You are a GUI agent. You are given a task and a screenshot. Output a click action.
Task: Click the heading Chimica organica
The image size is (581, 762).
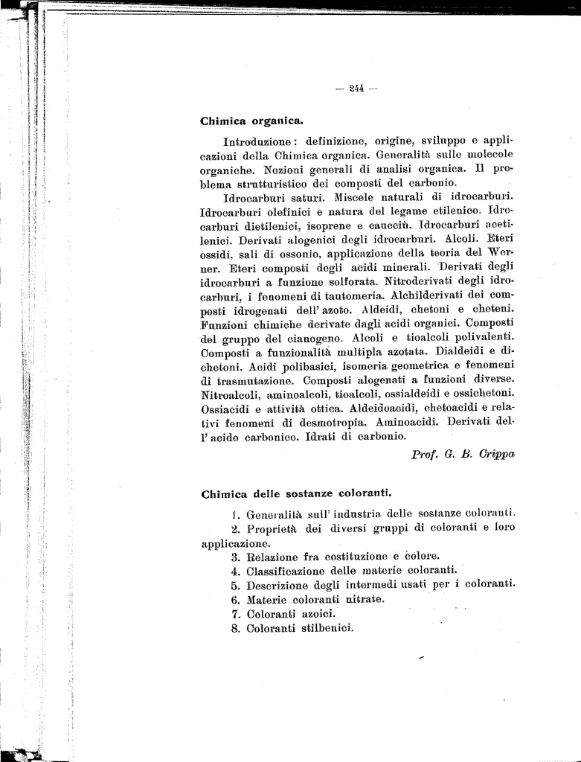[x=251, y=120]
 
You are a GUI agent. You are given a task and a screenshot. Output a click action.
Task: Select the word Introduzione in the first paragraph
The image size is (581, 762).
[x=255, y=140]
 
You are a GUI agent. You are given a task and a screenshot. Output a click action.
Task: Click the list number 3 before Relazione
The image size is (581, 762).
[x=234, y=557]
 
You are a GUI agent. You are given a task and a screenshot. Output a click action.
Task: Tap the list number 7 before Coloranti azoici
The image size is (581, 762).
[x=234, y=614]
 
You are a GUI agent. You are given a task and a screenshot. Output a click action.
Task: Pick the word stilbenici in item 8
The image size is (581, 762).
[x=327, y=628]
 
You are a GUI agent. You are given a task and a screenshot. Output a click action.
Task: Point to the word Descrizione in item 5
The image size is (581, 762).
[x=280, y=585]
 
